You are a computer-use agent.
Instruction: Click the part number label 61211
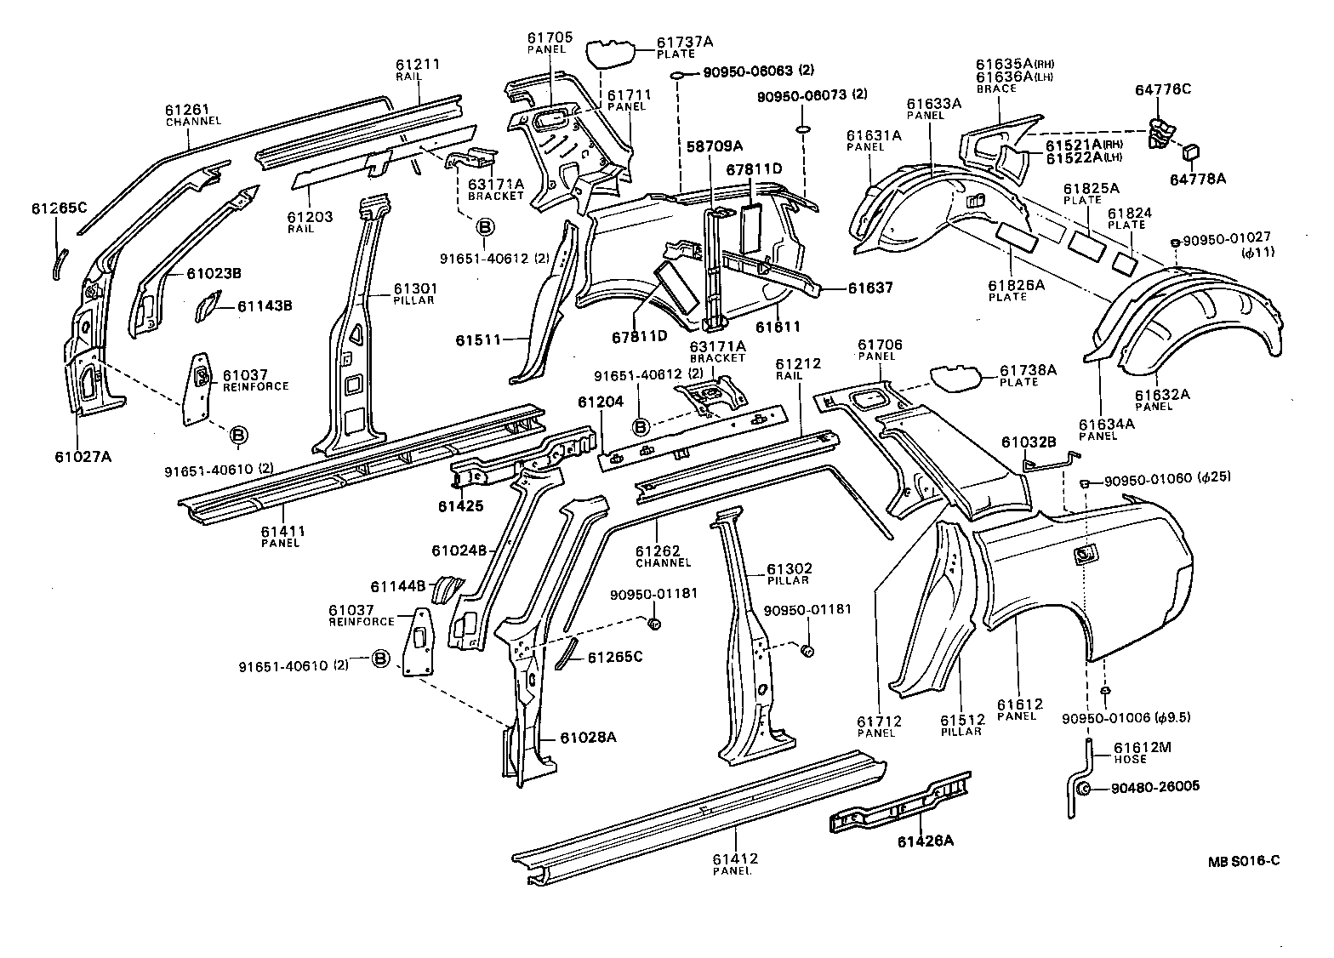tap(418, 65)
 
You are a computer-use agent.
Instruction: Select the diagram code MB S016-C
tap(1243, 860)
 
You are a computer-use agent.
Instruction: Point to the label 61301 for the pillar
tap(414, 289)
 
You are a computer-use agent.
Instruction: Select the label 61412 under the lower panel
tap(735, 858)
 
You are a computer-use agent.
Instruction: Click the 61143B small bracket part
tap(207, 306)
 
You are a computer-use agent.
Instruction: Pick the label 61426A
tap(925, 841)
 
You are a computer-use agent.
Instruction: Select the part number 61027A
tap(83, 456)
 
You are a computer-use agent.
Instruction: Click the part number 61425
tap(460, 506)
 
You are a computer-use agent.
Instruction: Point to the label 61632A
tap(1162, 394)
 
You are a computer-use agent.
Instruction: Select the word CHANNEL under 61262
tap(663, 562)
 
